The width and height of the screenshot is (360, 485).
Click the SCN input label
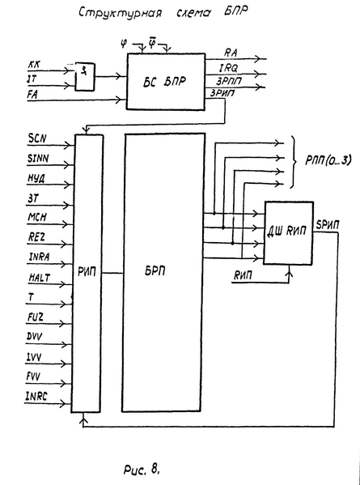tap(37, 138)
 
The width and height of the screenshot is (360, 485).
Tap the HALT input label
tap(39, 278)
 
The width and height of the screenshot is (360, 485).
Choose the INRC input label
tap(39, 395)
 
